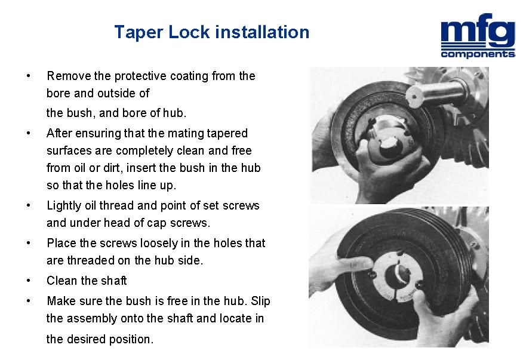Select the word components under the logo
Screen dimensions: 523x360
478,54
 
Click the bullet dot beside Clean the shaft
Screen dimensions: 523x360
29,281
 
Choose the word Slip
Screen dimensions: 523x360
260,301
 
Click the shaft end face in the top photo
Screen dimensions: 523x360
414,97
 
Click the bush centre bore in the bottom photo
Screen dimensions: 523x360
397,275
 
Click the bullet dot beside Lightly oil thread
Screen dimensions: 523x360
29,205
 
